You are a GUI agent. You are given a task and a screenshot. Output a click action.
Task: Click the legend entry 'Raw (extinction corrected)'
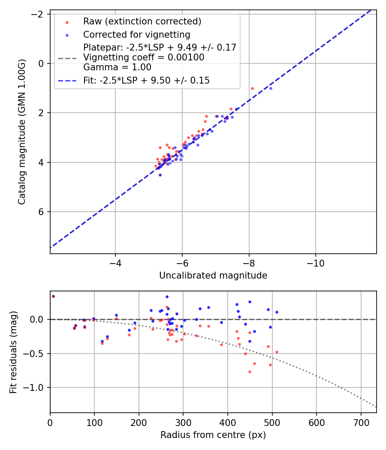(142, 21)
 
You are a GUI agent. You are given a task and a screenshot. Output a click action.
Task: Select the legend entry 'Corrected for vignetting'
(136, 34)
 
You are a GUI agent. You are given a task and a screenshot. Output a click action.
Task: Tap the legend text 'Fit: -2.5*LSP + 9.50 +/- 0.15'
(146, 81)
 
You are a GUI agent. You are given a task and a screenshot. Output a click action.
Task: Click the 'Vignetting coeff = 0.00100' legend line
(144, 57)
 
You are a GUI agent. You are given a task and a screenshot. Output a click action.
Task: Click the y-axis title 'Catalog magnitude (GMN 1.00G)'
(22, 132)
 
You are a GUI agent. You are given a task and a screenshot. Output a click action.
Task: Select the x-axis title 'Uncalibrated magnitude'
(213, 276)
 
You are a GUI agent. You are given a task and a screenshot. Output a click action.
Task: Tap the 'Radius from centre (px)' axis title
(213, 435)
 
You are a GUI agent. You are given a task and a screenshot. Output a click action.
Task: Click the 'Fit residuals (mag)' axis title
(13, 352)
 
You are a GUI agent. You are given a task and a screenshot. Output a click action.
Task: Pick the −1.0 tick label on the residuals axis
(35, 387)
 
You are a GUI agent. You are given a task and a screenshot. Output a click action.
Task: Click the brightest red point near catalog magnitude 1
(252, 88)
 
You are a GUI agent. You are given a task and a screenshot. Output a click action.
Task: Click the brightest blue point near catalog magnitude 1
(271, 88)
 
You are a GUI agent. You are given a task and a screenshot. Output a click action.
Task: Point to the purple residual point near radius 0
(53, 296)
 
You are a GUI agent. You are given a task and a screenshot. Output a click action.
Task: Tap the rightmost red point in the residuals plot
(277, 352)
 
